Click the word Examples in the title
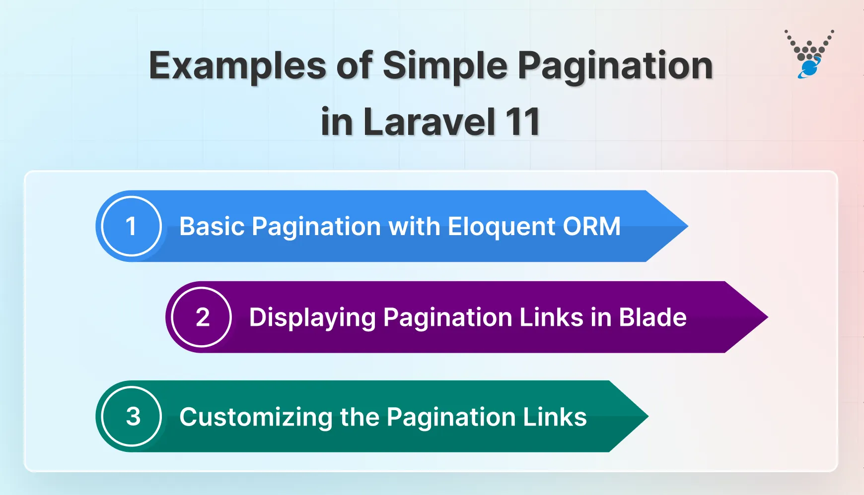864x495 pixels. tap(237, 66)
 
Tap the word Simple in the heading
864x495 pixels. tap(444, 66)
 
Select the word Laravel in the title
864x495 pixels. tap(430, 122)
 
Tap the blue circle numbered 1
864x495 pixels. tap(131, 226)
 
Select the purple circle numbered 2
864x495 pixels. tap(202, 317)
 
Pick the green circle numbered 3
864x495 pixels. tap(132, 416)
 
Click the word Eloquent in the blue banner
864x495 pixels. tap(501, 227)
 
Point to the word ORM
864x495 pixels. tap(591, 227)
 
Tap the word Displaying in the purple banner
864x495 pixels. tap(312, 318)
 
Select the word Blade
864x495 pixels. tap(653, 317)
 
